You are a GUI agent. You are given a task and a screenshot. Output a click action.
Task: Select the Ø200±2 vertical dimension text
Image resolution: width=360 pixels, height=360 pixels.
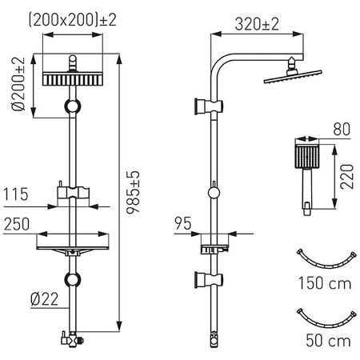(x=18, y=86)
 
